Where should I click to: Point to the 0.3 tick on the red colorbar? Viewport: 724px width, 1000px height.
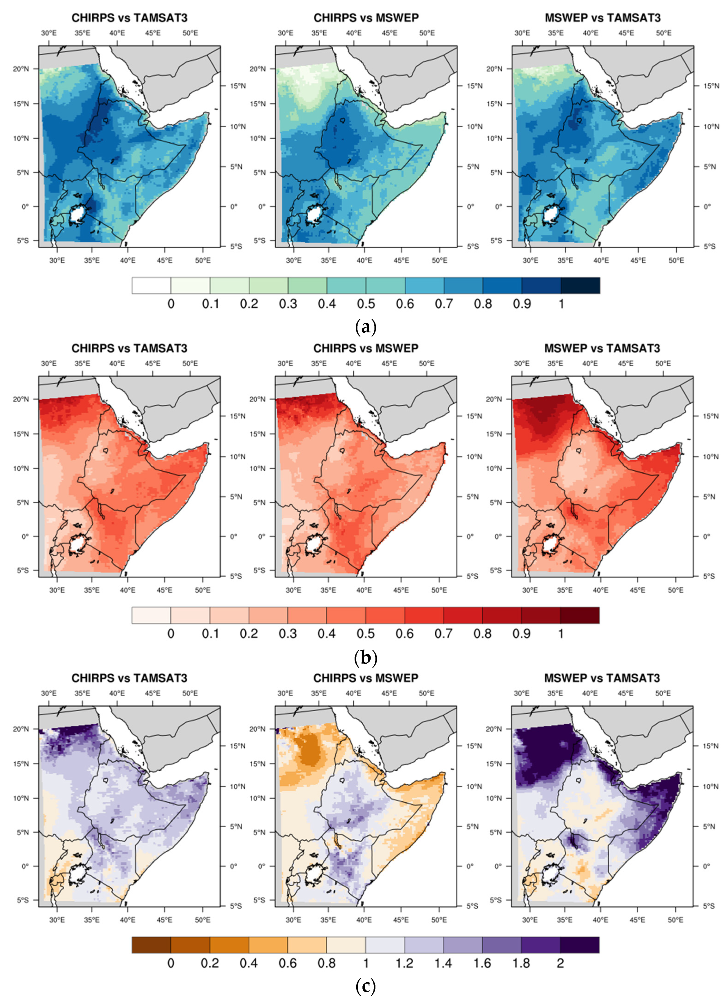coord(287,634)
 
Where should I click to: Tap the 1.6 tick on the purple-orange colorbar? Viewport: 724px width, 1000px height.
coord(482,963)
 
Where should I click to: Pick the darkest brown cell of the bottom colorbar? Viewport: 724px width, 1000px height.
coord(151,945)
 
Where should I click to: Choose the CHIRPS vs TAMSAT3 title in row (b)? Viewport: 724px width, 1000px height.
coord(129,348)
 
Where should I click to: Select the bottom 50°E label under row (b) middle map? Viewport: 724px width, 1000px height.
coord(439,590)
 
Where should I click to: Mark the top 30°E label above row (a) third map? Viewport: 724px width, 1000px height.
coord(522,33)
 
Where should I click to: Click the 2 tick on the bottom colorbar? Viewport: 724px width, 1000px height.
coord(560,963)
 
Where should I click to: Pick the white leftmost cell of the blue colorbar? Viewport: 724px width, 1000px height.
coord(151,285)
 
